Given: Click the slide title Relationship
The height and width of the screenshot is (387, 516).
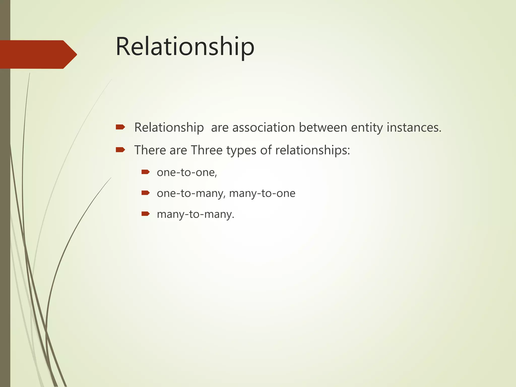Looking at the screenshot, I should (185, 47).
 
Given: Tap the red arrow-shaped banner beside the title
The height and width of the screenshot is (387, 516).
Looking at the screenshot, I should (38, 54).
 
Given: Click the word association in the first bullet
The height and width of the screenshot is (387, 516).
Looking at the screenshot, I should (264, 127).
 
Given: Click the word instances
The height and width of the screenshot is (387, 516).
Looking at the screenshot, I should (414, 127).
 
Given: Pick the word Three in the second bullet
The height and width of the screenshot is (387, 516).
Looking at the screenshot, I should (207, 150).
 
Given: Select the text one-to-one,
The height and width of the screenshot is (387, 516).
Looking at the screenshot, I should (187, 173).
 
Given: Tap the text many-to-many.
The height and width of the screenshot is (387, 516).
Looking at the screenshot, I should (196, 214).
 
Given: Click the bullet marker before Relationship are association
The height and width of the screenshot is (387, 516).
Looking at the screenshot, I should (120, 127).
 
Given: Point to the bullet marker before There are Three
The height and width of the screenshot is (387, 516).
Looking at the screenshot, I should (120, 150).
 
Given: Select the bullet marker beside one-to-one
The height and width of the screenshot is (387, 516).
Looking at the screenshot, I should (145, 172).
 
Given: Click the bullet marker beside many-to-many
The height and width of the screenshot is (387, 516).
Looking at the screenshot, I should (145, 214).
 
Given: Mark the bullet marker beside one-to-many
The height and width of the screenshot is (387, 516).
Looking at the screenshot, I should (145, 193).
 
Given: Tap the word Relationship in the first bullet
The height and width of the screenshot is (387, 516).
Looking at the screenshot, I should (169, 127).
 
